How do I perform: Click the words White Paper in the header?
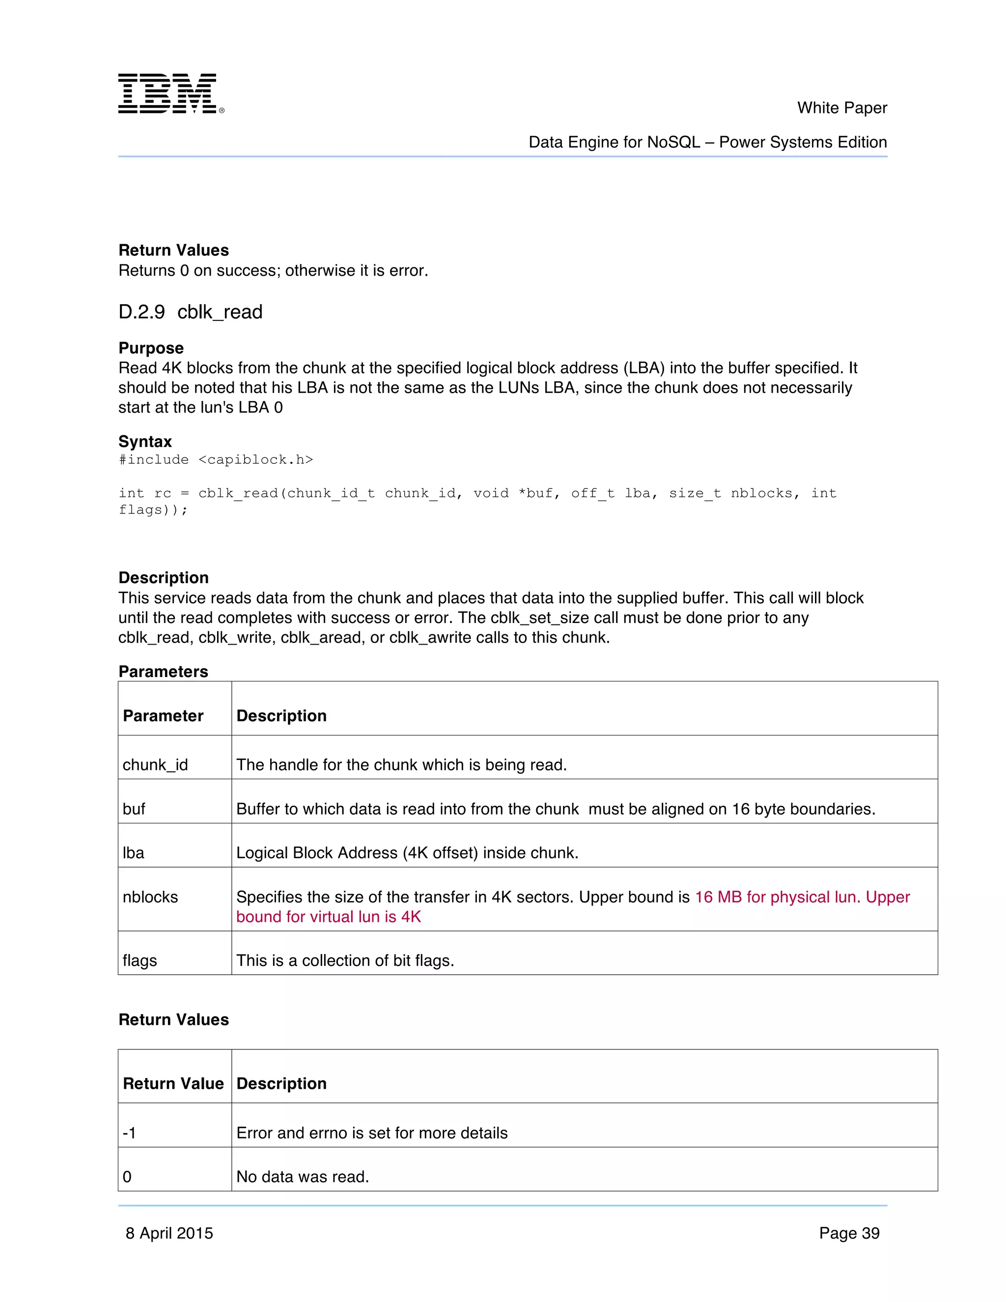click(841, 108)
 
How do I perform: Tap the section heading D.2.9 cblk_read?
click(190, 312)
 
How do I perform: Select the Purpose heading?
click(151, 348)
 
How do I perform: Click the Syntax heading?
click(145, 442)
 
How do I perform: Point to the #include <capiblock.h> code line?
click(216, 460)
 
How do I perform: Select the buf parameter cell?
click(134, 809)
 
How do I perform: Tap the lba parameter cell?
click(134, 853)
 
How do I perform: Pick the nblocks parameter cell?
click(150, 897)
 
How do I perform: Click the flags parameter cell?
click(140, 961)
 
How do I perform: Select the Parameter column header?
click(163, 716)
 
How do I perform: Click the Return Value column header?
click(173, 1084)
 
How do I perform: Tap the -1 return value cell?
click(129, 1133)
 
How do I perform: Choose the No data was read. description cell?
click(303, 1177)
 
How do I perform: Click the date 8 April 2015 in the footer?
click(169, 1233)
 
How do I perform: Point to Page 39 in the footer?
click(849, 1233)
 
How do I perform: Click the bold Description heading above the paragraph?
click(163, 578)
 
